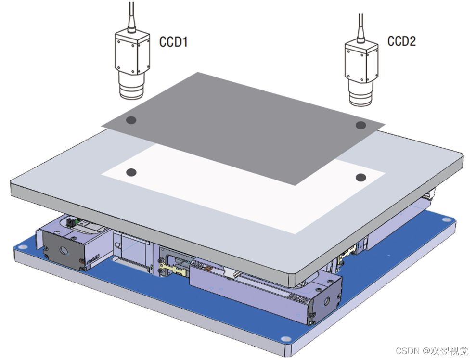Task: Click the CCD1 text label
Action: coord(173,42)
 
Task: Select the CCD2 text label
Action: coord(401,41)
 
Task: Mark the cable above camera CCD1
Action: coord(131,14)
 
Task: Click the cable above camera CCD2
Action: coord(361,19)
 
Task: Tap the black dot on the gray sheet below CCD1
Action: coord(131,120)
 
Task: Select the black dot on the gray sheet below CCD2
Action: coord(360,125)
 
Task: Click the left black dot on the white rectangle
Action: coord(130,172)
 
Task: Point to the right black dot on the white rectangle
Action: coord(360,177)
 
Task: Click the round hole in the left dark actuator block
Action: coord(63,251)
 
